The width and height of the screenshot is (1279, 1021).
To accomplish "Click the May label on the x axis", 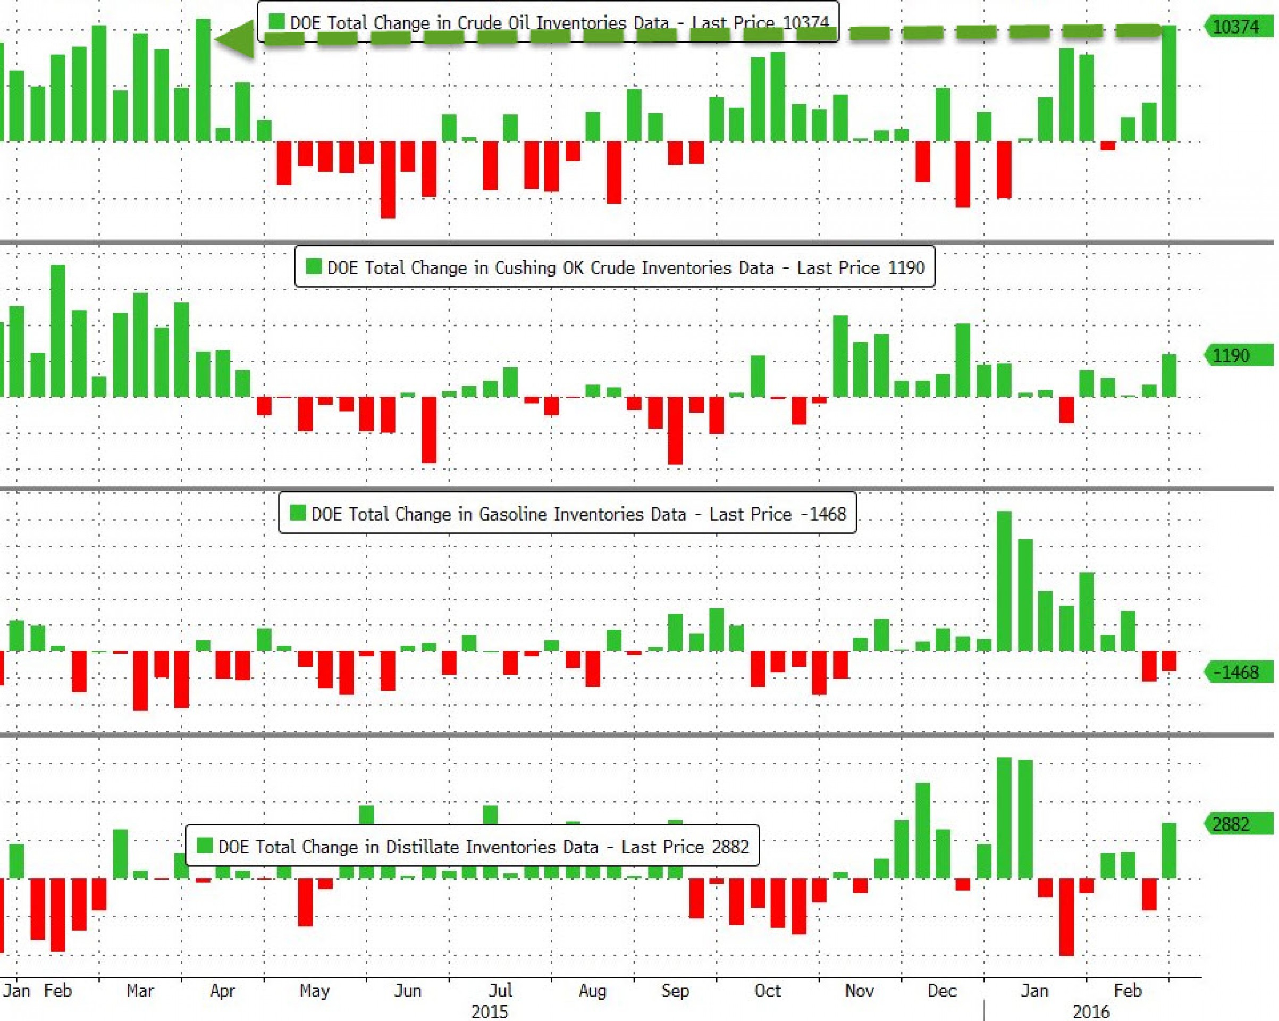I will pyautogui.click(x=314, y=991).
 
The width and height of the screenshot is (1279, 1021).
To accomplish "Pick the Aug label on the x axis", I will pyautogui.click(x=592, y=991).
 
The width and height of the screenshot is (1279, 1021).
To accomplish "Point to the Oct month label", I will pyautogui.click(x=767, y=991).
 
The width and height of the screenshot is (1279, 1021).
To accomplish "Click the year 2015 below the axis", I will pyautogui.click(x=490, y=1011).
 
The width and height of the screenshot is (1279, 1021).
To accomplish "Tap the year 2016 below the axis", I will pyautogui.click(x=1090, y=1011).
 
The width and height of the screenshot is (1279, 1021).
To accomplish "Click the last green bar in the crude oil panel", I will pyautogui.click(x=1168, y=83).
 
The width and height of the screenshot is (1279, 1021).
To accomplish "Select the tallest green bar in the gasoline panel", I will pyautogui.click(x=1004, y=582).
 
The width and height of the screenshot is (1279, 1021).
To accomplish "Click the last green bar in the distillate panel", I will pyautogui.click(x=1168, y=851).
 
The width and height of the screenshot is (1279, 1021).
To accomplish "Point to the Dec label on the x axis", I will pyautogui.click(x=941, y=991).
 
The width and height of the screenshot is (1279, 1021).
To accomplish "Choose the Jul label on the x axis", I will pyautogui.click(x=500, y=991).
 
